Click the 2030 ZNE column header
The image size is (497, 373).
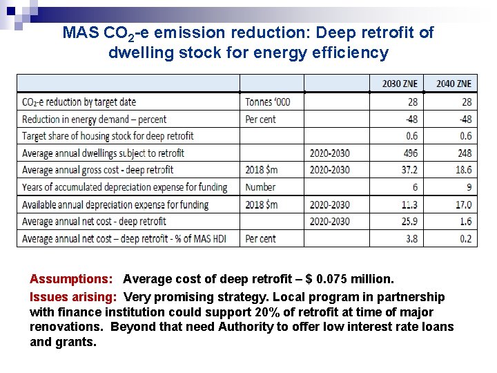click(x=400, y=84)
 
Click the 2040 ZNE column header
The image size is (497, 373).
click(x=454, y=84)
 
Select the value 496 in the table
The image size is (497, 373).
click(x=410, y=153)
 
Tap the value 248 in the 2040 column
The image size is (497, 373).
click(x=464, y=153)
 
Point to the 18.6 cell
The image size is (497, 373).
click(x=464, y=170)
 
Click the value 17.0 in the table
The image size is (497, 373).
click(x=464, y=204)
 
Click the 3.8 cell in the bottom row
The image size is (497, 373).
click(x=412, y=238)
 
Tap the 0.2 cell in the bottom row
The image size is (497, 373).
click(x=466, y=238)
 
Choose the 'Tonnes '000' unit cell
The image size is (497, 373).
click(x=268, y=102)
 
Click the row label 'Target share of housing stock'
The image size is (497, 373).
click(x=108, y=136)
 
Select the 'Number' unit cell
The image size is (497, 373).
click(x=260, y=187)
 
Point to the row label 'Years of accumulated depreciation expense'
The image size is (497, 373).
click(x=124, y=187)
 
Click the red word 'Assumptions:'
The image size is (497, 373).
click(x=71, y=279)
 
